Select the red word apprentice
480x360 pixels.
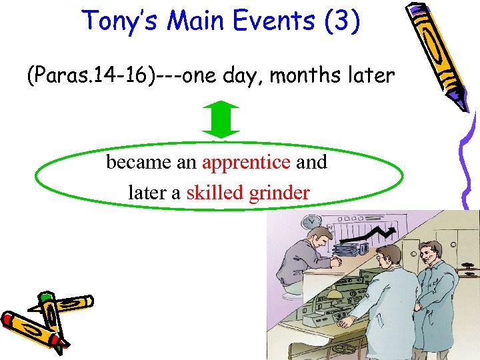246,163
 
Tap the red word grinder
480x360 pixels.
279,193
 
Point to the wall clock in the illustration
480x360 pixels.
308,221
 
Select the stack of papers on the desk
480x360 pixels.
347,250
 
